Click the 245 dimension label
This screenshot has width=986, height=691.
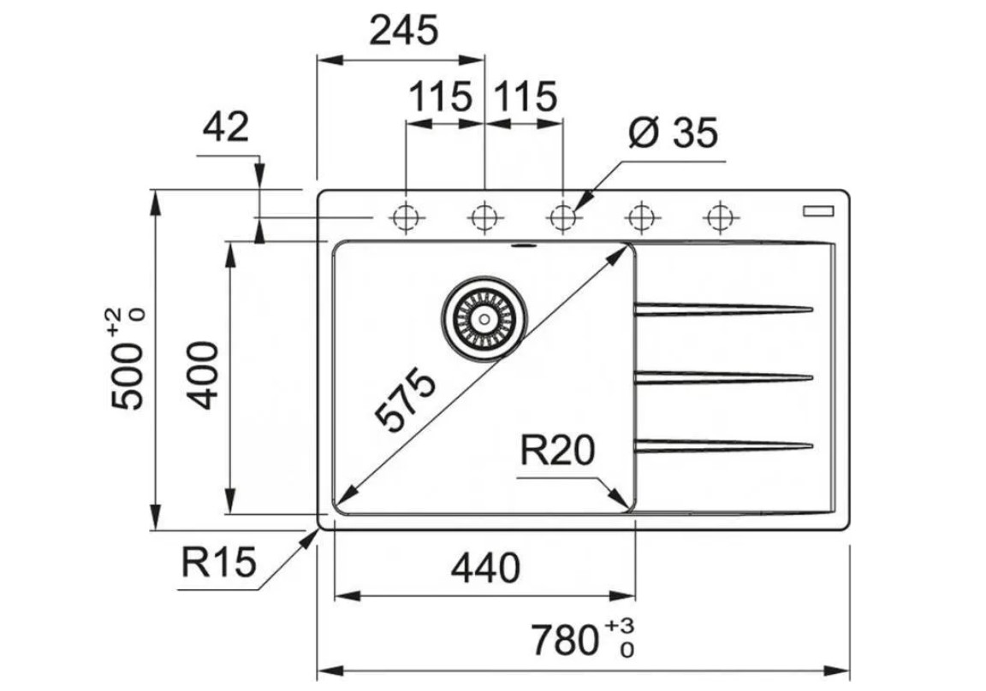pos(403,32)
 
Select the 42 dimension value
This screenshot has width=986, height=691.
pos(225,128)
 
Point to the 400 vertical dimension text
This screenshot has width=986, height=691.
pos(204,375)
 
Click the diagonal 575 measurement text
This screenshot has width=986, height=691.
pos(407,401)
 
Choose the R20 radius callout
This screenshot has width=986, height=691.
pos(557,450)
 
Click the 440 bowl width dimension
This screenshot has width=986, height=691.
pos(484,568)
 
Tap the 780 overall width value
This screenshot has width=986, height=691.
pos(562,639)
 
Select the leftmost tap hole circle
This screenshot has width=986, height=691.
pos(406,216)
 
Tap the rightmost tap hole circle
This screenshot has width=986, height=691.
pos(721,216)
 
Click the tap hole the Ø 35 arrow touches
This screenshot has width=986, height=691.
pos(562,216)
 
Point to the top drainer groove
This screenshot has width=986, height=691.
pos(722,308)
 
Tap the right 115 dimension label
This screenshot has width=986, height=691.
pos(524,97)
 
